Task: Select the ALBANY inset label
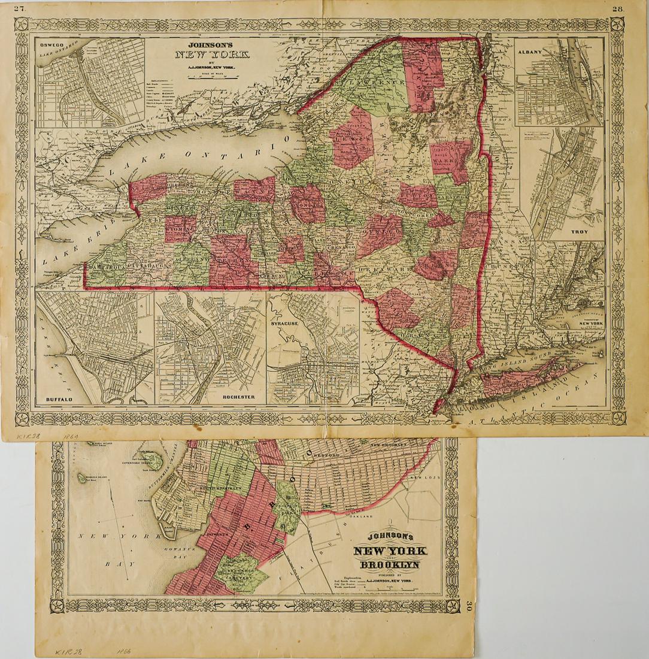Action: point(528,52)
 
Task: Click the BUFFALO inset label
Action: point(59,398)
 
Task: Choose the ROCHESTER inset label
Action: point(239,397)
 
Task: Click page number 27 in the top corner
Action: point(21,8)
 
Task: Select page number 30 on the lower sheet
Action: point(470,606)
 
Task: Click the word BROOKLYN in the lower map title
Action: point(389,565)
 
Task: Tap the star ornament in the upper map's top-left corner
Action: point(22,25)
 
